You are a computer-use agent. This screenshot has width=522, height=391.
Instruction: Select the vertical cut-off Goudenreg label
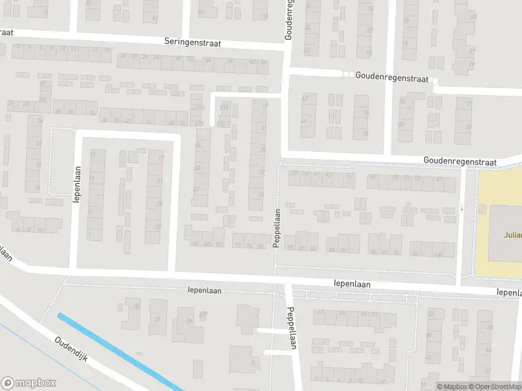(288, 20)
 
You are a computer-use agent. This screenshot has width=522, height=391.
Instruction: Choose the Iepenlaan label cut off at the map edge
(509, 293)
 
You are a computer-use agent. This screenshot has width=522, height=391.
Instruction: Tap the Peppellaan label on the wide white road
(292, 328)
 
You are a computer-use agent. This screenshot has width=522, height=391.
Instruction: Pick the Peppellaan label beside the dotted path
(277, 227)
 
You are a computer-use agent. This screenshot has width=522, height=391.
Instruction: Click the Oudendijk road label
(76, 351)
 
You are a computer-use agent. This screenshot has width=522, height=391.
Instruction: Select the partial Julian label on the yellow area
(512, 235)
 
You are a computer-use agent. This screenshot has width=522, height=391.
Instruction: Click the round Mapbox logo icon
(8, 383)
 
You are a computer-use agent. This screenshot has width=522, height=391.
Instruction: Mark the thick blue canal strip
(121, 353)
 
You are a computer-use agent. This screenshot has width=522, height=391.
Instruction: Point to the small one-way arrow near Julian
(462, 209)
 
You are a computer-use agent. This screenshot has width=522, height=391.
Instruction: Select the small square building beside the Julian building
(483, 209)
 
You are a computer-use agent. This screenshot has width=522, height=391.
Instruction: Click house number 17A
(224, 108)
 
